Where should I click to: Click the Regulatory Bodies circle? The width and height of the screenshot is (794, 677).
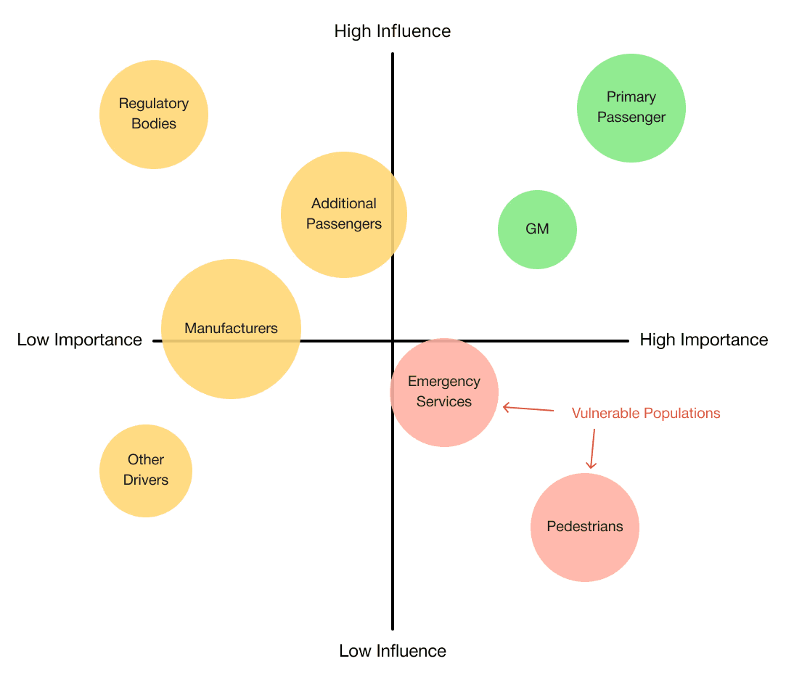(154, 115)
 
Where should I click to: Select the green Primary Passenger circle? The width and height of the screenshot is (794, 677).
(631, 108)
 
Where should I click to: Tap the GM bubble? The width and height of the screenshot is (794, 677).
(537, 229)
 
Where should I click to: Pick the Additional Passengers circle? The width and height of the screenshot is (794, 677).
(344, 215)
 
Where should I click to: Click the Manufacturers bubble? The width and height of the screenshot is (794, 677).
(231, 329)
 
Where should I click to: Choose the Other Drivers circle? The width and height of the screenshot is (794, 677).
(146, 471)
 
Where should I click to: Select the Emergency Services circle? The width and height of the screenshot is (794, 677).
(444, 393)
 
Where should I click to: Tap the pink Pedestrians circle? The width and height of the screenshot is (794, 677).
(585, 528)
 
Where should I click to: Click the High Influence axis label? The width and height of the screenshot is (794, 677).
(393, 31)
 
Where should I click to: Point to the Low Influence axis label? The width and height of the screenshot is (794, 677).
(393, 651)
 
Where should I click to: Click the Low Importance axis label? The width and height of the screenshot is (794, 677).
(80, 340)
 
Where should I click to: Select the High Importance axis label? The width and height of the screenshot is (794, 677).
(704, 340)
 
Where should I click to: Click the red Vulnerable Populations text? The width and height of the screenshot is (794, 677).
(646, 413)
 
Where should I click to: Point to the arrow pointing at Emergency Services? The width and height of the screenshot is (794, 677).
(528, 408)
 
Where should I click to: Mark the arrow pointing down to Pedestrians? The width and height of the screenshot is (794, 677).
(592, 449)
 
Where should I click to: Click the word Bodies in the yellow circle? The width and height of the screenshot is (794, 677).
(154, 123)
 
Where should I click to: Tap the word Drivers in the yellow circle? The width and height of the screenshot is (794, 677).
(146, 480)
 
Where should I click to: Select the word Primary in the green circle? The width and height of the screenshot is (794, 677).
(631, 97)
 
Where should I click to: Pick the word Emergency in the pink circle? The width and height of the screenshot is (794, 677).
(444, 382)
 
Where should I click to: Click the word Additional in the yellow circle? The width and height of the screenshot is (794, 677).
(344, 204)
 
